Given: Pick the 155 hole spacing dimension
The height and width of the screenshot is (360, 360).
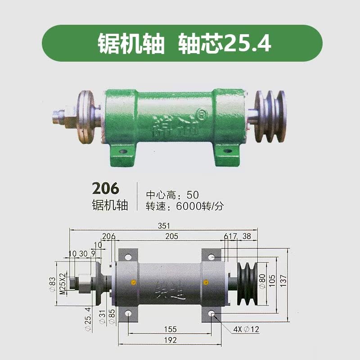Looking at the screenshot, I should tap(170, 329).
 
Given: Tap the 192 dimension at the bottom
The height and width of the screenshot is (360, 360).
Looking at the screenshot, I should tap(170, 340).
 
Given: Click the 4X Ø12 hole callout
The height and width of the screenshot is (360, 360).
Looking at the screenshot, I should tap(246, 329).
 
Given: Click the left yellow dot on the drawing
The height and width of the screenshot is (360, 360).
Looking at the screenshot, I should tap(132, 282).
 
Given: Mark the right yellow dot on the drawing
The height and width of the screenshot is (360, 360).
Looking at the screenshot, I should tap(206, 282).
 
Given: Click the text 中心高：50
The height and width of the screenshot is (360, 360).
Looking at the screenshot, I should tap(172, 195).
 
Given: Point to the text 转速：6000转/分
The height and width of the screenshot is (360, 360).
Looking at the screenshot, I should tap(184, 207).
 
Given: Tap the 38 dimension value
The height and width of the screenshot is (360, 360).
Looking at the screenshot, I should tap(247, 236).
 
